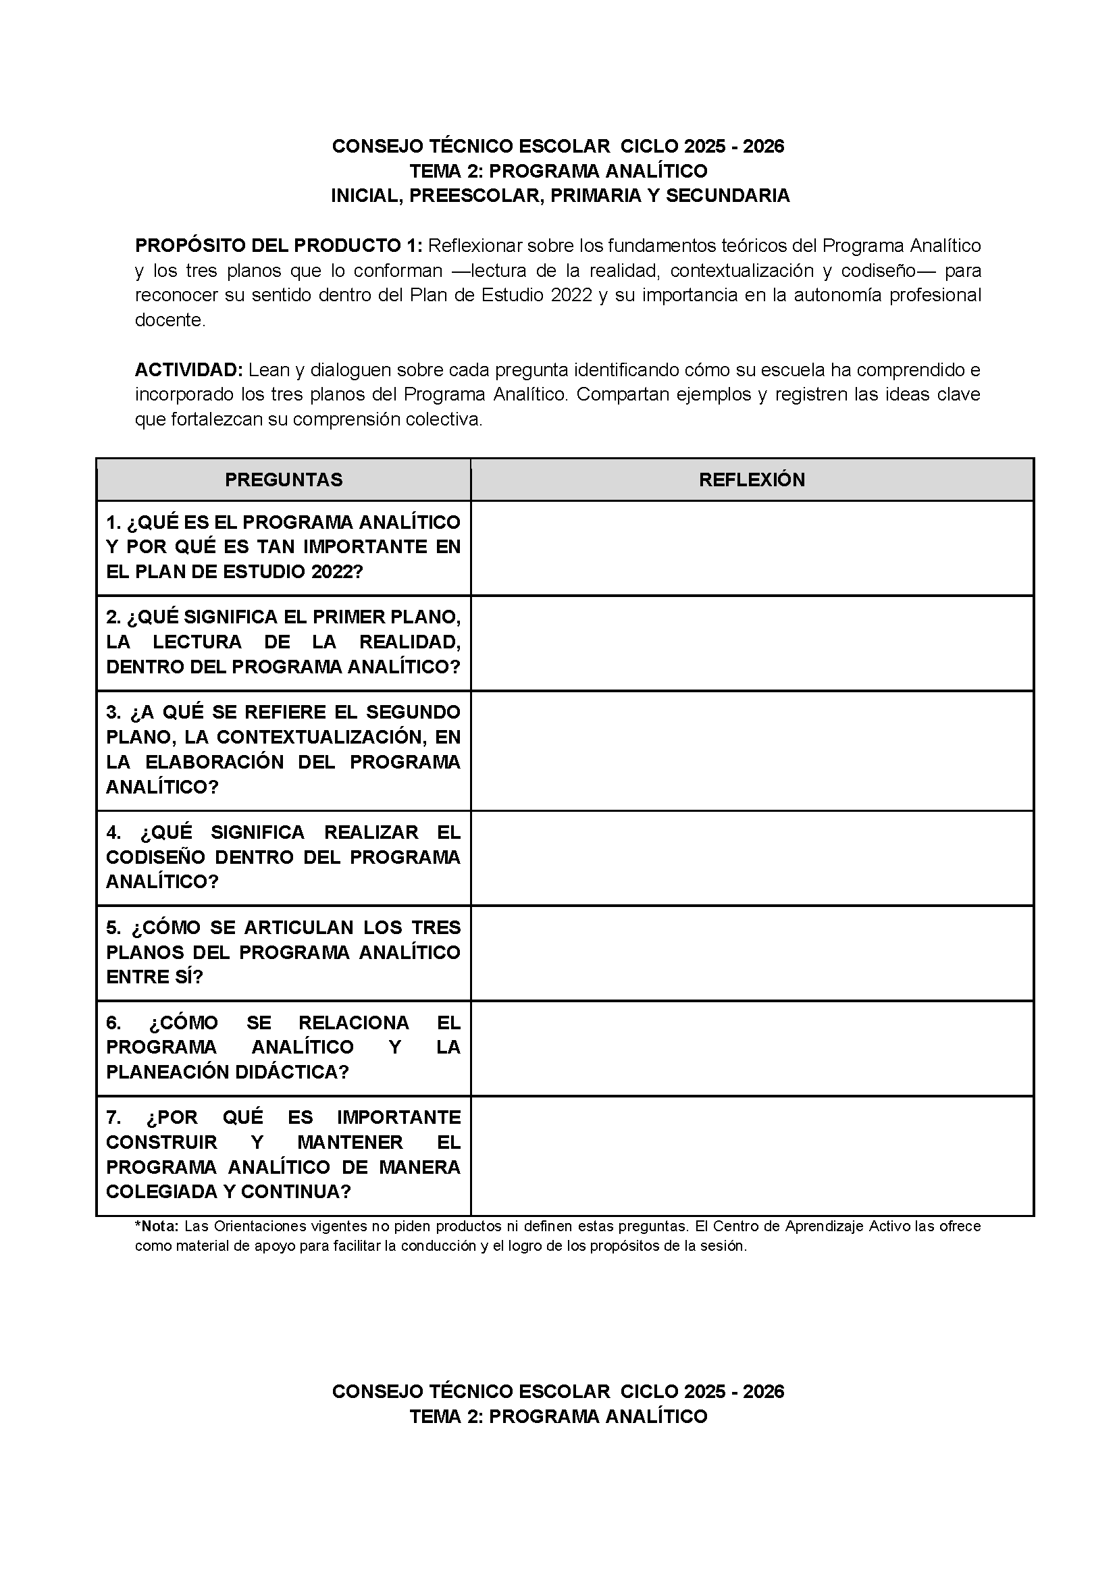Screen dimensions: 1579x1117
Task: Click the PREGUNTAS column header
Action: [284, 480]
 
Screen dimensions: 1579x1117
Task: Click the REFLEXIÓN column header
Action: [752, 480]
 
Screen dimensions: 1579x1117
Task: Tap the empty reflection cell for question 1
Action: [752, 548]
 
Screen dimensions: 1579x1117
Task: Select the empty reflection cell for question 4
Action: [752, 858]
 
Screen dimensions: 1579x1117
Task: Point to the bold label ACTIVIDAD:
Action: [188, 370]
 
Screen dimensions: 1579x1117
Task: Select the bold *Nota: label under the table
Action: [157, 1226]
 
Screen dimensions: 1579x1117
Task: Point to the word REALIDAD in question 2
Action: [410, 642]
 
